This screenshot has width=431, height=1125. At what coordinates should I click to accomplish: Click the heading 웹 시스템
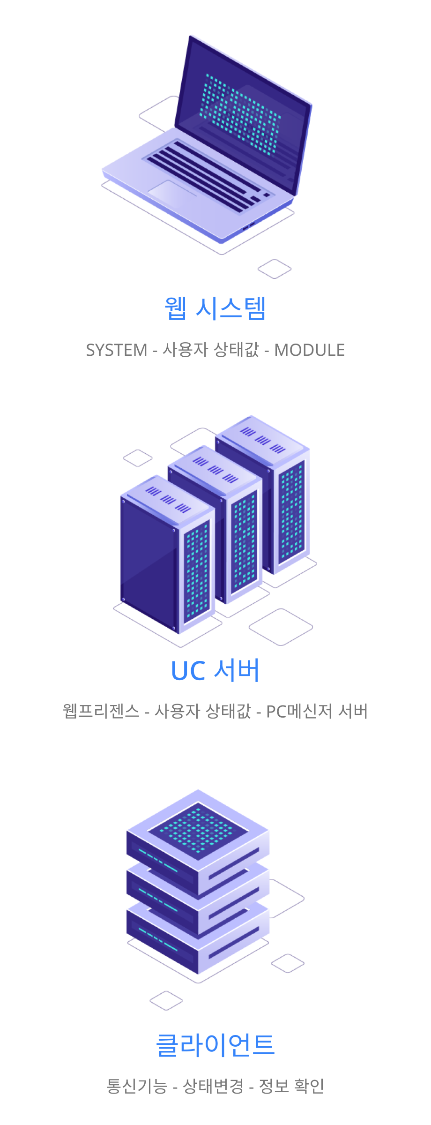coord(215,308)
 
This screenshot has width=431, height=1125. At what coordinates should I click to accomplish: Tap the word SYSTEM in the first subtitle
coord(117,350)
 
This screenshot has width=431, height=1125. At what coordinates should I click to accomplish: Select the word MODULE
coord(309,350)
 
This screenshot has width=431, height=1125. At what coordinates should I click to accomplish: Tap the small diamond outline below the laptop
coord(275,269)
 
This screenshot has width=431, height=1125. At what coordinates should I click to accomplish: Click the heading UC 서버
coord(215,670)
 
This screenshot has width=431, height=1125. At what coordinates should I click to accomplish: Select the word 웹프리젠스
coord(101,711)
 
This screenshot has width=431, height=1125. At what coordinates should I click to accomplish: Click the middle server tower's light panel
coord(244,544)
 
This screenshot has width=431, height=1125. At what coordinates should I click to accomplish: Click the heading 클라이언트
coord(215,1044)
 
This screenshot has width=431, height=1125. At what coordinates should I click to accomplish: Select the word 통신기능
coord(136,1086)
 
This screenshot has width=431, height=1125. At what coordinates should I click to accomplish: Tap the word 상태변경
coord(213,1086)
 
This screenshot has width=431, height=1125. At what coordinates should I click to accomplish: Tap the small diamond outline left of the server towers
coord(138,458)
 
